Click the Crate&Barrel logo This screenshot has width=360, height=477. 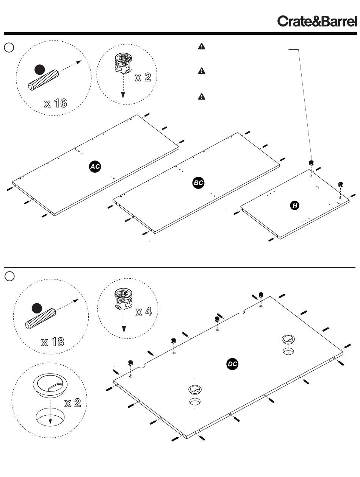tap(317, 21)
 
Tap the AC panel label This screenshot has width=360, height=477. tap(95, 167)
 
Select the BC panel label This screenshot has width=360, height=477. tap(198, 183)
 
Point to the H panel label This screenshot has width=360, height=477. tap(294, 206)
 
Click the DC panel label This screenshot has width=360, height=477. tap(232, 364)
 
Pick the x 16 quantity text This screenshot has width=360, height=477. tap(55, 103)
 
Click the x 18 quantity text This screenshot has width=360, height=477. tap(52, 342)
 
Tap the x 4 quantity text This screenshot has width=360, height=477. tap(144, 312)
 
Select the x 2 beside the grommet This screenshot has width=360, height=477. tap(72, 402)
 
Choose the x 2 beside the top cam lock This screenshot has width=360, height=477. tap(142, 77)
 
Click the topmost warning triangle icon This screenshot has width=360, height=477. tap(202, 47)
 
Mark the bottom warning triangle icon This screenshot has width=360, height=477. tap(202, 96)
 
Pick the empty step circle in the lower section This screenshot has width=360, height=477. tap(9, 276)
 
